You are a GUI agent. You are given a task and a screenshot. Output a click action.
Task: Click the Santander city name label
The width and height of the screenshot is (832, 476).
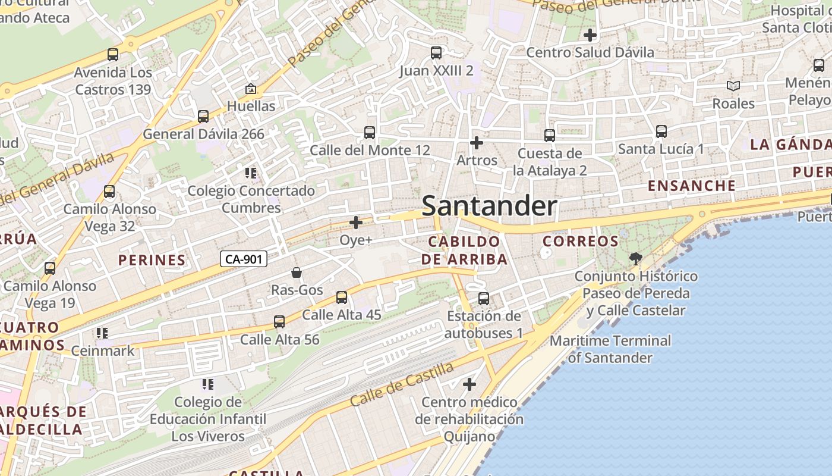click(x=489, y=206)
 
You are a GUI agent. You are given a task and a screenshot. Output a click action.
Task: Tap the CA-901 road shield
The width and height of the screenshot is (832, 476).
click(x=244, y=259)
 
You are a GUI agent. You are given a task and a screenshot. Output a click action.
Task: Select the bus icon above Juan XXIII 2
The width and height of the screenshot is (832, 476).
click(x=436, y=53)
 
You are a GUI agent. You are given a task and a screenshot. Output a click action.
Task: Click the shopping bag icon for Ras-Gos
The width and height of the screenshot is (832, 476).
click(x=297, y=273)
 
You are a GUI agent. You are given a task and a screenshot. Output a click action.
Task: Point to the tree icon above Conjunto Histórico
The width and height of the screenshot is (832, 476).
click(x=635, y=258)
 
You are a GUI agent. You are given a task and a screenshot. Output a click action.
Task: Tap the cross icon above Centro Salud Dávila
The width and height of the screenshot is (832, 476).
click(x=590, y=35)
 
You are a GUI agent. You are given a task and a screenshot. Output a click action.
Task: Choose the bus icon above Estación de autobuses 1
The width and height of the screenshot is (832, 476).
click(x=484, y=299)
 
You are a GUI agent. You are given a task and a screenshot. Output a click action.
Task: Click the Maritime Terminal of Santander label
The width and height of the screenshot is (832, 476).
click(x=610, y=349)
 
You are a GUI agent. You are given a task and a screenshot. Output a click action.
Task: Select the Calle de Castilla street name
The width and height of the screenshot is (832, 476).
click(x=402, y=384)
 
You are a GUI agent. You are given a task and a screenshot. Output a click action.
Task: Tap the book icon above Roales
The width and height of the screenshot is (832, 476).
click(x=733, y=86)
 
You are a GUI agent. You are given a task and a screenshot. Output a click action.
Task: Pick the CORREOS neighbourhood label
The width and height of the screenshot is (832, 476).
click(x=581, y=241)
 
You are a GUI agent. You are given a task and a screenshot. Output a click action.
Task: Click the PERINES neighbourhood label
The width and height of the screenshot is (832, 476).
click(x=152, y=260)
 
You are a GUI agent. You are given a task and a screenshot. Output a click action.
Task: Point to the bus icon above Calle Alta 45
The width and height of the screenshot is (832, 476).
click(x=342, y=297)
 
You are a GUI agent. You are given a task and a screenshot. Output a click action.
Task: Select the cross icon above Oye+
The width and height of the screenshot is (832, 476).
click(x=356, y=223)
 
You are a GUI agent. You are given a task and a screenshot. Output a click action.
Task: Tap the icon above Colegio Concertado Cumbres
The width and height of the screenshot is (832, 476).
click(x=251, y=173)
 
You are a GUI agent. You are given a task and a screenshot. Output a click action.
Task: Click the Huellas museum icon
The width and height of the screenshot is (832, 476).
click(x=251, y=89)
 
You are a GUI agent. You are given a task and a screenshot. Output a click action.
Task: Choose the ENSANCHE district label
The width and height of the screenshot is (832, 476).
click(x=691, y=186)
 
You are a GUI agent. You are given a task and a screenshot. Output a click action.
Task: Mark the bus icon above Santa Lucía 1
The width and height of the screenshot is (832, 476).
click(x=661, y=131)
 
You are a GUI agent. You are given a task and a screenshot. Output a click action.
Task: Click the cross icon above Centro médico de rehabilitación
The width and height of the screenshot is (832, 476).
click(x=469, y=384)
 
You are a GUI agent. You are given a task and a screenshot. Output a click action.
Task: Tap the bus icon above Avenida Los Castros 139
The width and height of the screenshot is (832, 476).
click(x=113, y=55)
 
